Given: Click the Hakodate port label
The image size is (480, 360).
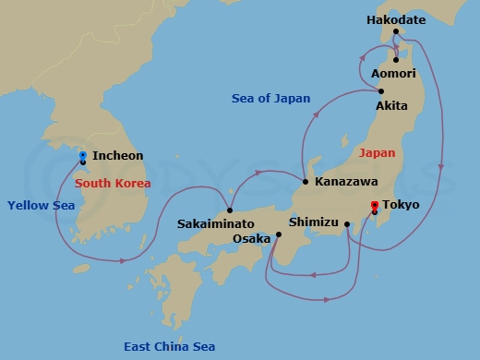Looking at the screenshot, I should point(397,18).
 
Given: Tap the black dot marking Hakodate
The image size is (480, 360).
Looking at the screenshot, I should point(397,37).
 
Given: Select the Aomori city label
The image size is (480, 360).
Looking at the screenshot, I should point(393,73).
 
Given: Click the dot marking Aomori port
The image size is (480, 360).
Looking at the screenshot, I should point(396,60).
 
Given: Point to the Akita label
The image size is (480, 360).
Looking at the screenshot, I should point(391,106).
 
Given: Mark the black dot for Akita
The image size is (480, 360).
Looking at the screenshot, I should point(381,90).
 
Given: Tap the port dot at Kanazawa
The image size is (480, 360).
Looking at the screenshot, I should point(305,182).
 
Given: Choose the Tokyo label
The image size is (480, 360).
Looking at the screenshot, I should point(400,204).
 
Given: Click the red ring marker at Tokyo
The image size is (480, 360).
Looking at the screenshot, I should point(374,205).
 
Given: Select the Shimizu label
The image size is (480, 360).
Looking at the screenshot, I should point(314,222).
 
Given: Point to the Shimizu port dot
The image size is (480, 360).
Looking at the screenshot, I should point(347,223).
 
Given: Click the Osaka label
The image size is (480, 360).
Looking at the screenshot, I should point(252,238).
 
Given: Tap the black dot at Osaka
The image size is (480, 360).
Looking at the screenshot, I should point(278,234).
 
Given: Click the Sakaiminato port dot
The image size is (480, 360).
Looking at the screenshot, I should point(229,210).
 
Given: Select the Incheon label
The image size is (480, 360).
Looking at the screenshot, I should point(117,157).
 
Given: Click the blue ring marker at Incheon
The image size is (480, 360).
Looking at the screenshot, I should point(83,155).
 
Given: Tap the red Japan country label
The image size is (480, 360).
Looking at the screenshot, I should point(375,155).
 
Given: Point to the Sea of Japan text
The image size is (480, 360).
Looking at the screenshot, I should point(271,99).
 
